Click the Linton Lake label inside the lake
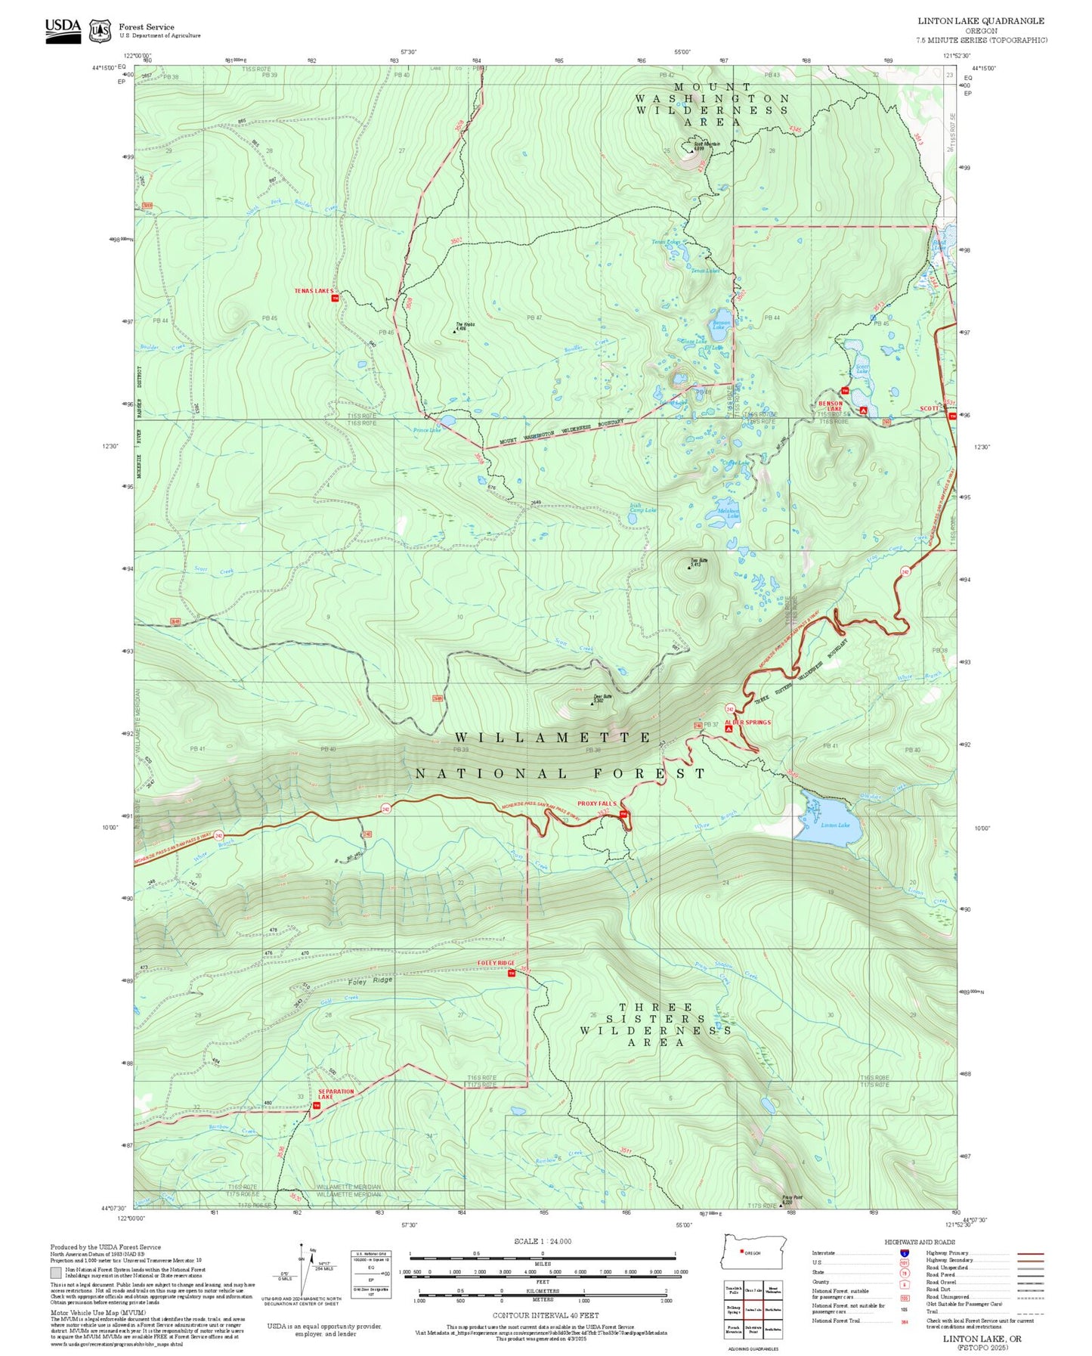pos(835,825)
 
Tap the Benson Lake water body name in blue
pos(721,325)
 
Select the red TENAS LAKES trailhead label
pos(314,291)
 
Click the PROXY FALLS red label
pos(597,803)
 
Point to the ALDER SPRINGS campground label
pos(748,723)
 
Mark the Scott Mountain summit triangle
pos(689,149)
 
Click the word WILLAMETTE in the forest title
pos(554,737)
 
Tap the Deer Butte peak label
pos(602,698)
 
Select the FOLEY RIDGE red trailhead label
pos(496,963)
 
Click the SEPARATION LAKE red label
pos(336,1094)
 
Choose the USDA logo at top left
pos(63,29)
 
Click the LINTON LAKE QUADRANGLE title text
pos(981,21)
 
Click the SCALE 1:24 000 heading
pos(543,1241)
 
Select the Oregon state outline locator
pos(754,1253)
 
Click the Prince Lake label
pos(426,429)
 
